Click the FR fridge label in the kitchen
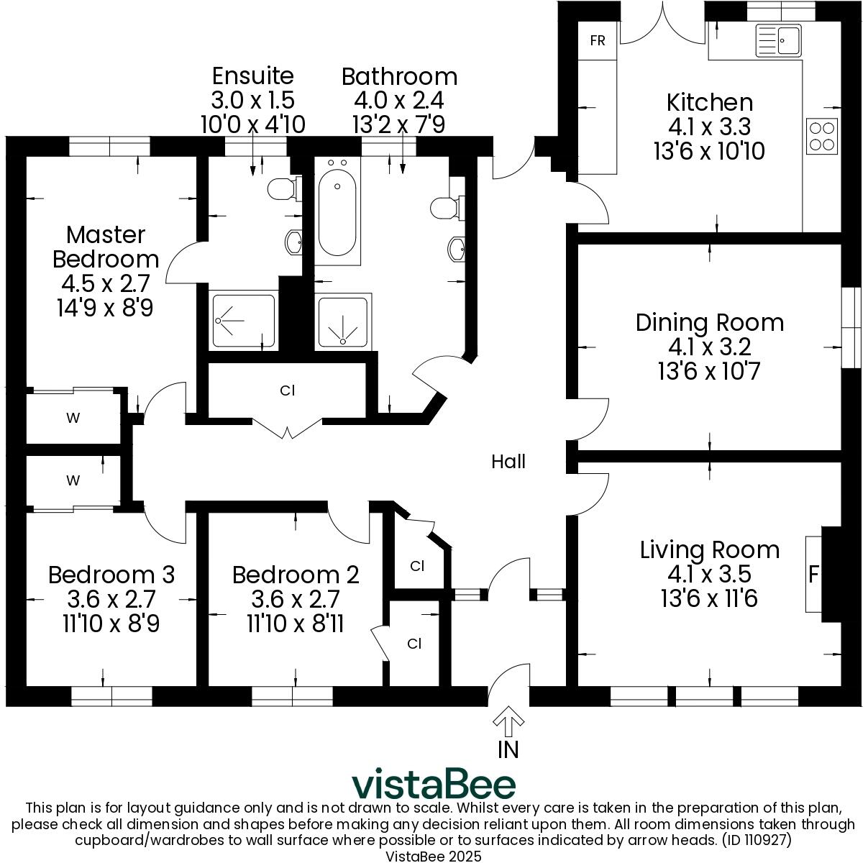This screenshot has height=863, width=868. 597,40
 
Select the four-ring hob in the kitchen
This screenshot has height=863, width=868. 822,136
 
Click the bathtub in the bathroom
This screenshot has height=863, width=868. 337,212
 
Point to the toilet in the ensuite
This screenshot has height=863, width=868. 281,189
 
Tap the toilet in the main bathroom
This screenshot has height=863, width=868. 446,209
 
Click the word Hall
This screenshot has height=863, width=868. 508,462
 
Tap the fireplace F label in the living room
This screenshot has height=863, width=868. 814,575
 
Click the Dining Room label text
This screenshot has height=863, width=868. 709,322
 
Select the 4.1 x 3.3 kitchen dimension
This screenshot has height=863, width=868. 709,127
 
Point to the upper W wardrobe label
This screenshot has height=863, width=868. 73,419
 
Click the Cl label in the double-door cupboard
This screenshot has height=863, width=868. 287,391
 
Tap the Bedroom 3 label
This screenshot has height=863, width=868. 111,575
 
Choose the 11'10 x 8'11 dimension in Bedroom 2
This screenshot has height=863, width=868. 295,623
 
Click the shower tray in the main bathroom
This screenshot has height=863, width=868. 344,321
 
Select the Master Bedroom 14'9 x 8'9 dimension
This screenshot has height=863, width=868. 105,308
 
